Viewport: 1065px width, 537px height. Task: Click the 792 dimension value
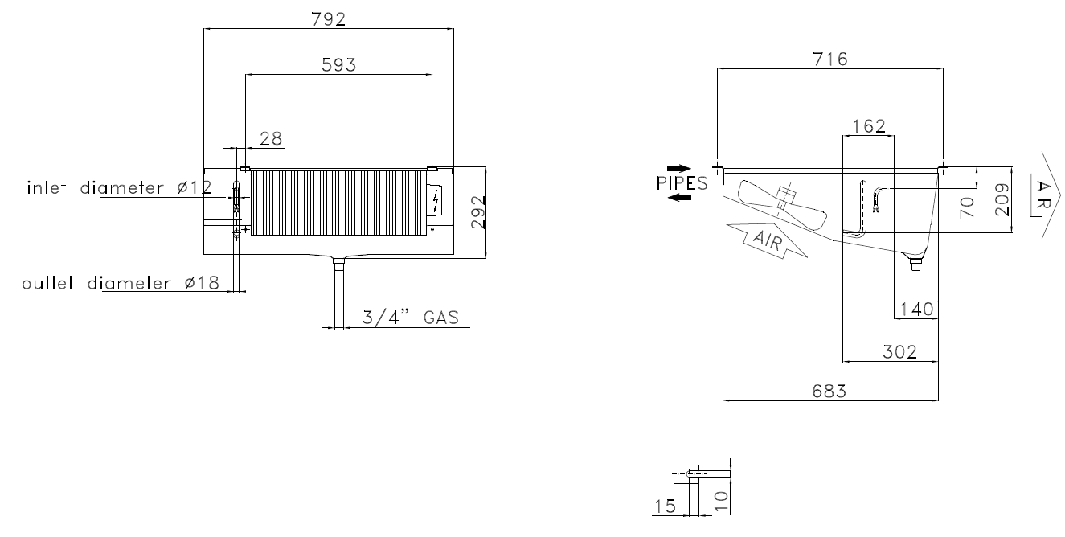(328, 19)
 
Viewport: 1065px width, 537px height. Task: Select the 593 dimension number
(338, 64)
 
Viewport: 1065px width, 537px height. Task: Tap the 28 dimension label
(271, 138)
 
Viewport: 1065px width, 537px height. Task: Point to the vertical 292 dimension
(478, 212)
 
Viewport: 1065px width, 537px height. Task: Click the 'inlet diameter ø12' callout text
(119, 187)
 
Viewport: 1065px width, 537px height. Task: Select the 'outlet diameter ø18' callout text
(121, 283)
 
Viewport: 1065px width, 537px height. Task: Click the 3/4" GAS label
(411, 318)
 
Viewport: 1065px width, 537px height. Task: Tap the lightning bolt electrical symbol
(436, 200)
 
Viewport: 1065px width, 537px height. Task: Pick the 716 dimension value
(830, 59)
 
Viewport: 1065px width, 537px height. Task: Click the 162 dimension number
(869, 126)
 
